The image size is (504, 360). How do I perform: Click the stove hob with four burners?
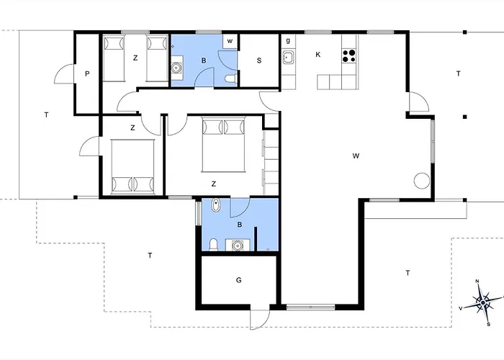[x=348, y=55]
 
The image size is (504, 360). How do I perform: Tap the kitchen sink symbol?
[x=288, y=58]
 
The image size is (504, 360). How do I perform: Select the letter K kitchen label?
[x=318, y=55]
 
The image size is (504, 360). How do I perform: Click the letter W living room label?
[x=356, y=156]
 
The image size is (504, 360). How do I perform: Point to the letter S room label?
[x=259, y=60]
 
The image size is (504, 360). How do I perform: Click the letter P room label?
[x=87, y=74]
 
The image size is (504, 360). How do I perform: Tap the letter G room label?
[x=238, y=280]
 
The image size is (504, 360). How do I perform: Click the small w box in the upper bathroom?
[x=230, y=41]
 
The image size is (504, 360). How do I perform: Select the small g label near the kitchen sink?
[x=288, y=40]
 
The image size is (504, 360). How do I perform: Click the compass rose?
[x=483, y=302]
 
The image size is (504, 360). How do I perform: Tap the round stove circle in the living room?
[x=422, y=181]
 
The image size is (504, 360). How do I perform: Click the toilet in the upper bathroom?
[x=231, y=78]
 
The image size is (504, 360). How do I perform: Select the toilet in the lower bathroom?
[x=214, y=245]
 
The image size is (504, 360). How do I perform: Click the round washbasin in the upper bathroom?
[x=176, y=68]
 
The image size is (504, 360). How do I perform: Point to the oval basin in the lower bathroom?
[x=215, y=205]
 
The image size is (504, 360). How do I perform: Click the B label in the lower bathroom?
[x=240, y=225]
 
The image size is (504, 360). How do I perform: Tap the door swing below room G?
[x=260, y=320]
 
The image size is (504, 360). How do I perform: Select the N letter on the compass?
[x=477, y=282]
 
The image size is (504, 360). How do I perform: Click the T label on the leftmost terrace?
[x=46, y=114]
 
